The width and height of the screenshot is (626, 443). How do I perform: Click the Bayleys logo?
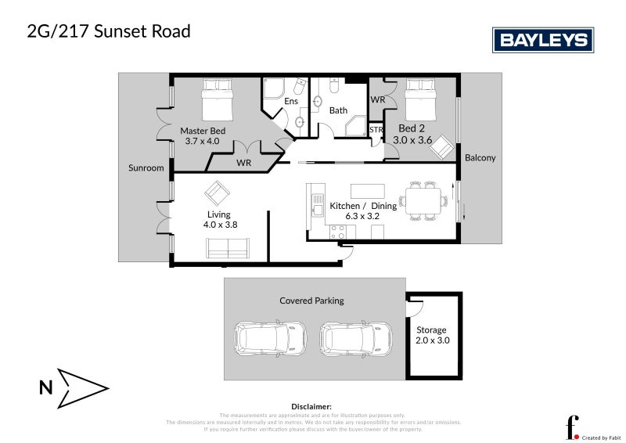(542, 40)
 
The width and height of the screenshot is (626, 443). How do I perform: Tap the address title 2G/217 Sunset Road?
(109, 32)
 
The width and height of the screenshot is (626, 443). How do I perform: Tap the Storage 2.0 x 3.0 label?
(431, 335)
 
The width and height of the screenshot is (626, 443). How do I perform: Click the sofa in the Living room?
(228, 249)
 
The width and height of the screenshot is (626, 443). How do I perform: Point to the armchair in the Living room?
(217, 192)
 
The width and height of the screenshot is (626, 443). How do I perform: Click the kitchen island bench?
(368, 190)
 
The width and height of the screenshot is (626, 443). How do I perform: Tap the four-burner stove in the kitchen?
(338, 231)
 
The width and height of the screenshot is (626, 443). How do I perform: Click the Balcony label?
(480, 157)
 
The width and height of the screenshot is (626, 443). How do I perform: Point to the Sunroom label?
(146, 167)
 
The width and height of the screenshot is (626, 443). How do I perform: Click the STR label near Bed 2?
(376, 129)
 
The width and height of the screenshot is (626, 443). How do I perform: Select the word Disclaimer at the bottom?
(311, 407)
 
